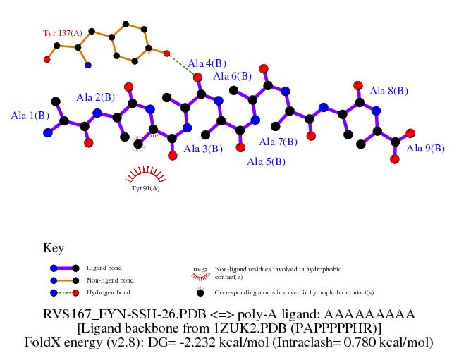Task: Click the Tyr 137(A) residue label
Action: [x=63, y=33]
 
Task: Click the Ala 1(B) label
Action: [x=30, y=115]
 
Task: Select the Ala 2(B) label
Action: [x=95, y=97]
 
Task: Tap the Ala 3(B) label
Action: [x=203, y=149]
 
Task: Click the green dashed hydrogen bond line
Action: [x=183, y=65]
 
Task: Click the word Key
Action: [x=54, y=248]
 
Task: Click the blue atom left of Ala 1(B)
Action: [x=47, y=132]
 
